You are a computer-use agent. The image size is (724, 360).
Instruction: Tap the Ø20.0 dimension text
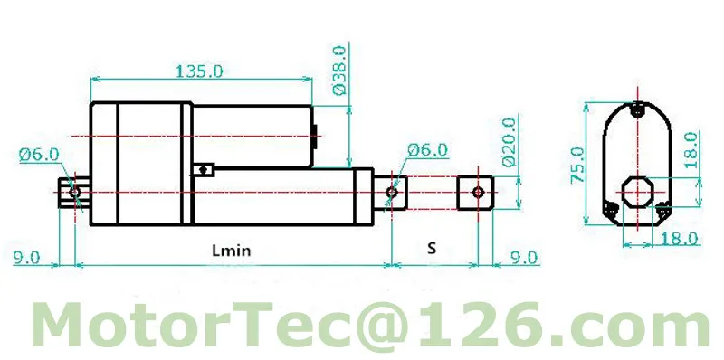click(508, 141)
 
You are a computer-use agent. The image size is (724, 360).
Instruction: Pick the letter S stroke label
click(432, 248)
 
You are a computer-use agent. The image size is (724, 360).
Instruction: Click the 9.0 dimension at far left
click(26, 258)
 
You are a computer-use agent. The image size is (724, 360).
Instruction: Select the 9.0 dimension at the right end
click(522, 258)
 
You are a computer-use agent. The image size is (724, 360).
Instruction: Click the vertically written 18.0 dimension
click(690, 148)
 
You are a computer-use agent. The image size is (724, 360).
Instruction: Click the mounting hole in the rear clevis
click(73, 192)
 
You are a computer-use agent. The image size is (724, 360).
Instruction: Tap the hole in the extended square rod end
click(477, 192)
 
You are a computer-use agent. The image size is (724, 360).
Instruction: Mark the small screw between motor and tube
click(206, 167)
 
